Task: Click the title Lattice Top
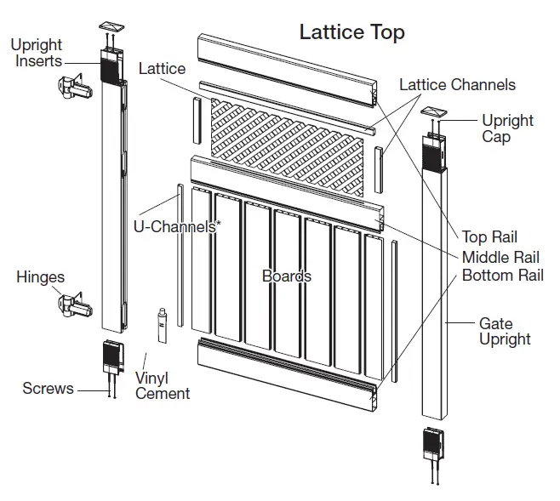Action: [351, 32]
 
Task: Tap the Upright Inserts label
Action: [37, 53]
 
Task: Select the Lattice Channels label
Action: [457, 85]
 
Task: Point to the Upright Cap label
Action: [507, 128]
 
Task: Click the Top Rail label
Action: [489, 237]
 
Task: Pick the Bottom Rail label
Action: [502, 276]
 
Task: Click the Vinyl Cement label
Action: [163, 385]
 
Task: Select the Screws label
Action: [48, 389]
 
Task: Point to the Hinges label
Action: [40, 277]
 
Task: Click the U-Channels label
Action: [175, 227]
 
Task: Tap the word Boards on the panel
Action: [286, 276]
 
